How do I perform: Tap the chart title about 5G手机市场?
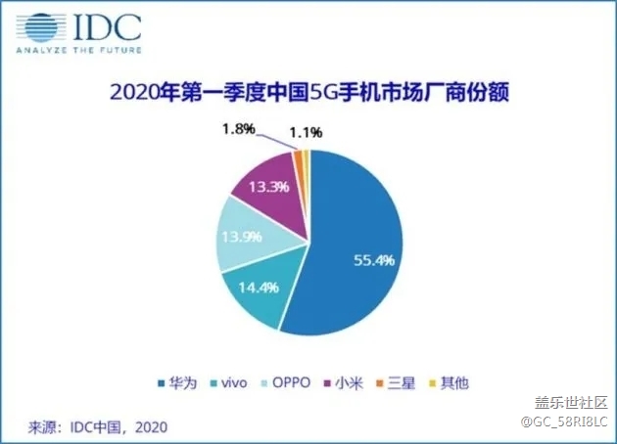[308, 95]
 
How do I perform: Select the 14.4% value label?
[253, 289]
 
